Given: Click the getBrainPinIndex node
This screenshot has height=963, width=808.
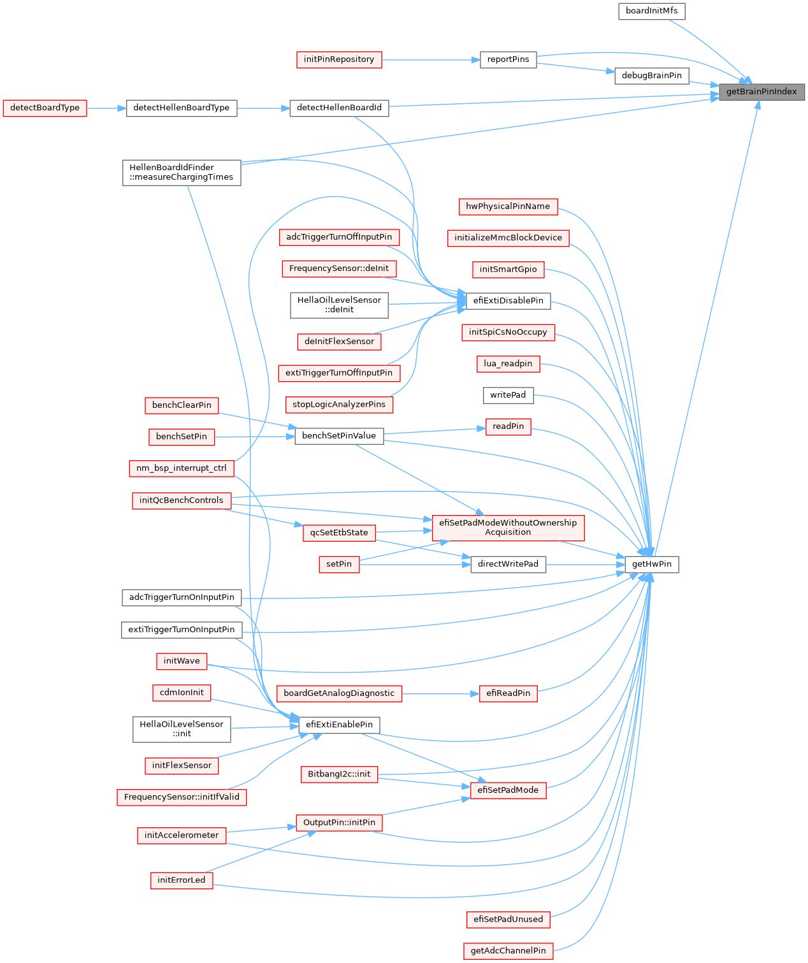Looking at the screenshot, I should coord(761,92).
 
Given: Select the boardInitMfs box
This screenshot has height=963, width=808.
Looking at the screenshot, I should coord(651,11).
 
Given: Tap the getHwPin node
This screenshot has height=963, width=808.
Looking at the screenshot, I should coord(652,565).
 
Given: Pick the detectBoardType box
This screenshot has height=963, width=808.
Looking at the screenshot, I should coord(45,108).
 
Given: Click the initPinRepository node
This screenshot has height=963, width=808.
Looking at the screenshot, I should coord(339,60).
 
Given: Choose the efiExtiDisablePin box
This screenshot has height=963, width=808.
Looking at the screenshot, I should coord(508,301).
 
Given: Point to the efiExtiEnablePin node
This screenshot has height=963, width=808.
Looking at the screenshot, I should coord(339,725).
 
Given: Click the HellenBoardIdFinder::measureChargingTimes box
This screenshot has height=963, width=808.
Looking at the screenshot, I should coord(182,173).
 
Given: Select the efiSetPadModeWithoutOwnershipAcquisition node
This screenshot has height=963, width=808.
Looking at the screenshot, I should coord(508,528).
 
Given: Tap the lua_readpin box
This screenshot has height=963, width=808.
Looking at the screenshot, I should coord(508,364).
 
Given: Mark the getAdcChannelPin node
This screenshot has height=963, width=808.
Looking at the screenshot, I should coord(508,951).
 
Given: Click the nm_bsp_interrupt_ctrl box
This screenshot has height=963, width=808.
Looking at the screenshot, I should coord(182,468).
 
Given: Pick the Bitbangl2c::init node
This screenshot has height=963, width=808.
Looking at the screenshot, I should coord(339,774).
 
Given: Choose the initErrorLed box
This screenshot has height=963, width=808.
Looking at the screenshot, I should coord(182,880).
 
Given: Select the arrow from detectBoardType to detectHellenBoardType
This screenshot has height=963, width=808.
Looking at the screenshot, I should coord(106,108).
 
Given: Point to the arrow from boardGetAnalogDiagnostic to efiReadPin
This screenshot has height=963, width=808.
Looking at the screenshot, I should coord(440,693).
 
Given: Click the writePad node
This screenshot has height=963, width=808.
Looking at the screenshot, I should coord(508,395).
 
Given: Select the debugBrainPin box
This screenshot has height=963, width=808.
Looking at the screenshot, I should coord(651,76).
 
